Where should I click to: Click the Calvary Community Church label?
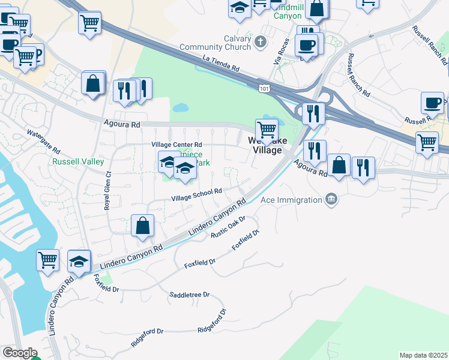click(229, 43)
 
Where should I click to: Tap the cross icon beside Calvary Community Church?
click(260, 42)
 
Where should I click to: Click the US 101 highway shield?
click(265, 89)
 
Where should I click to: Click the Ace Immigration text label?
click(292, 199)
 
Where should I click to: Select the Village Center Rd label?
click(177, 145)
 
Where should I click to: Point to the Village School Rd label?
click(197, 194)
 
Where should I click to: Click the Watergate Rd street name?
click(44, 141)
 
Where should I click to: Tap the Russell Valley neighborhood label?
click(78, 162)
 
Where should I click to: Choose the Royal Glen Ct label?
click(107, 190)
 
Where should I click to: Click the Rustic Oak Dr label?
click(229, 227)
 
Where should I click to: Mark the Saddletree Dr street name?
click(190, 295)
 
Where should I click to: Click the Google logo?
click(19, 353)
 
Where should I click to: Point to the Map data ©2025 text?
click(424, 355)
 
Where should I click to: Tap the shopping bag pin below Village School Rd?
click(143, 226)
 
